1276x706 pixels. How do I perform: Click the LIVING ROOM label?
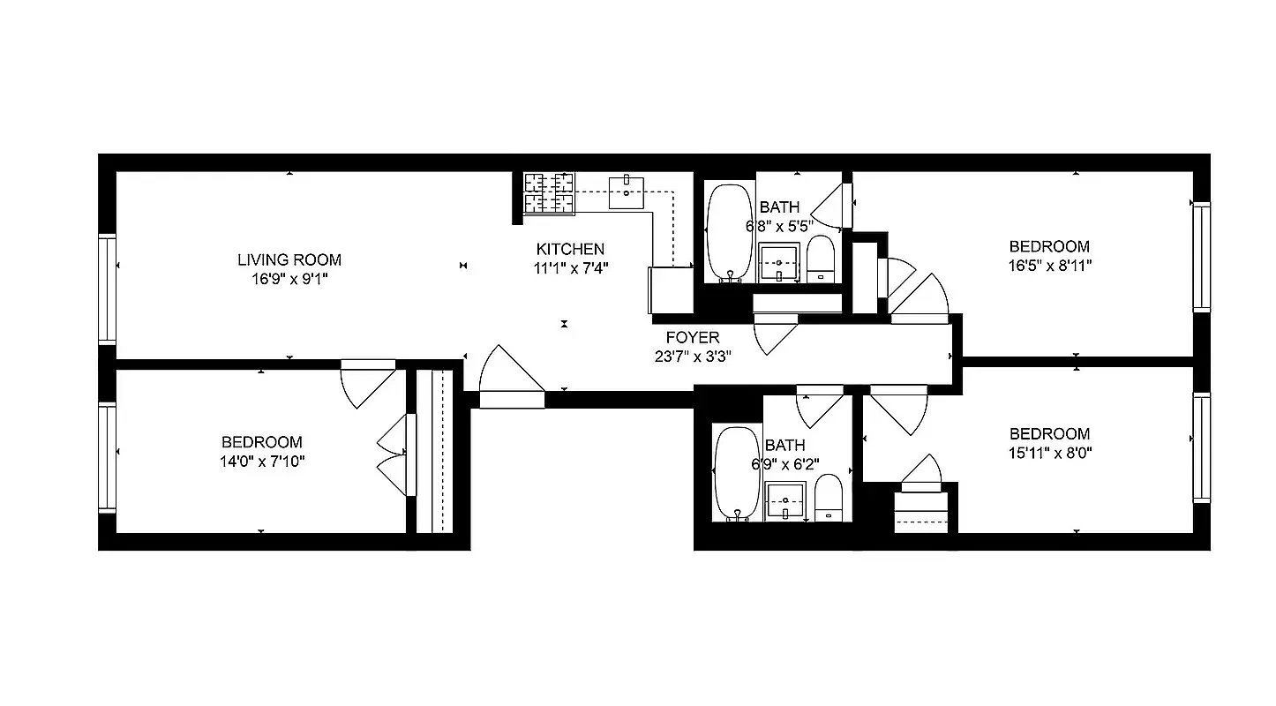click(289, 259)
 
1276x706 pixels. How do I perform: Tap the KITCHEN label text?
click(571, 249)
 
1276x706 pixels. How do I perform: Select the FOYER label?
click(692, 337)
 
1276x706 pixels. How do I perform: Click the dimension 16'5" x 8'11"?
click(1049, 265)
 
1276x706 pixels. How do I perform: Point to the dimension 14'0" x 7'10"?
click(261, 461)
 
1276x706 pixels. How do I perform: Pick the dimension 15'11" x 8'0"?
click(1049, 453)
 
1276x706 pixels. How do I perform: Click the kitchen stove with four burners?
click(549, 193)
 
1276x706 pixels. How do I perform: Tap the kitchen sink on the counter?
click(627, 192)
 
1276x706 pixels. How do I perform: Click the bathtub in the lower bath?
click(736, 473)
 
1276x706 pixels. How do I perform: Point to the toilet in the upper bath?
click(820, 259)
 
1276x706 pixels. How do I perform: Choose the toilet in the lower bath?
click(828, 498)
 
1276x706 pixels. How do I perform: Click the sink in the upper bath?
click(779, 263)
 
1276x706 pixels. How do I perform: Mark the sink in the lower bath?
click(785, 501)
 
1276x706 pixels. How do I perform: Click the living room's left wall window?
click(107, 289)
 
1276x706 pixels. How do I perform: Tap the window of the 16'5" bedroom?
click(1201, 256)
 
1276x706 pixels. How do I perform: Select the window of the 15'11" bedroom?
click(1201, 447)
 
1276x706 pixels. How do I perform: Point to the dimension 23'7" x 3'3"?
click(692, 357)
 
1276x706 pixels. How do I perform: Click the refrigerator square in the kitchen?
click(671, 289)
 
